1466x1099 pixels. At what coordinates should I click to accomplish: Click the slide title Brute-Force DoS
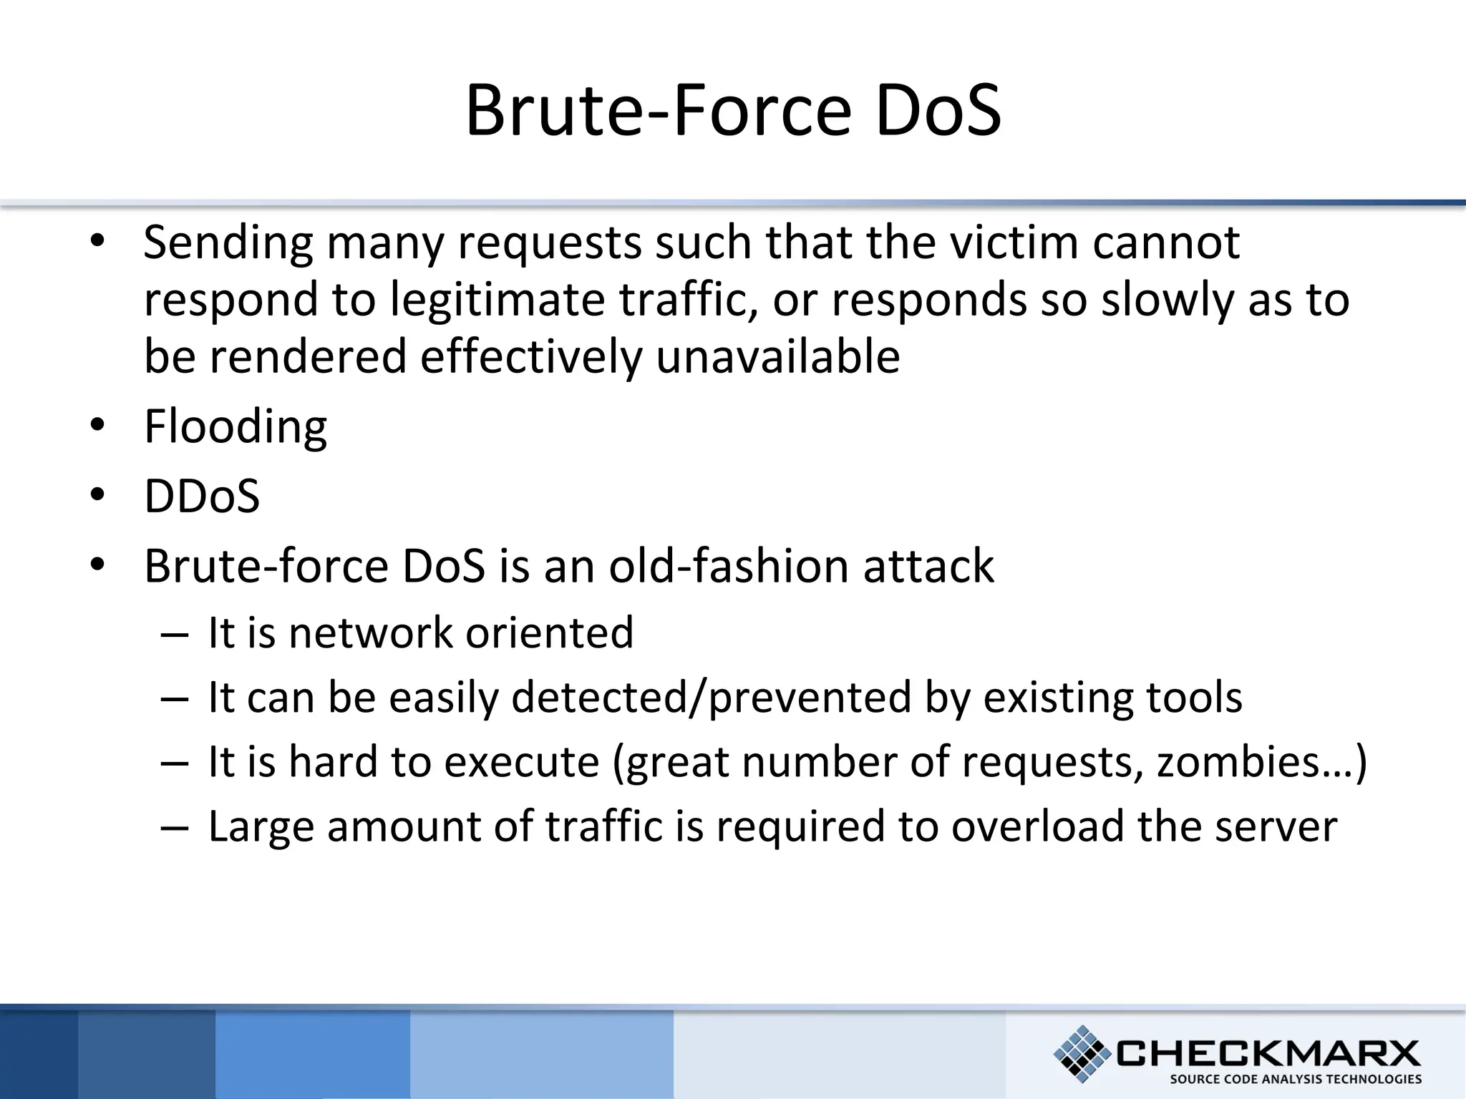tap(733, 111)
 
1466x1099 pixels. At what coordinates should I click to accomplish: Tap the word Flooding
tap(236, 426)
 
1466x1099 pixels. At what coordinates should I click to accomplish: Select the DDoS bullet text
tap(202, 496)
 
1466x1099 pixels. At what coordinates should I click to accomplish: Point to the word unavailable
tap(778, 356)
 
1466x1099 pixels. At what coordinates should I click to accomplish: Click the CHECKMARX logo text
tap(1267, 1053)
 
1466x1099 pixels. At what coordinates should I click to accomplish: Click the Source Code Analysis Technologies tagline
tap(1296, 1079)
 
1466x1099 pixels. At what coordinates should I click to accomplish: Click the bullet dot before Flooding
tap(98, 425)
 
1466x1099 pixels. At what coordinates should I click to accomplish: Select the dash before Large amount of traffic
tap(175, 827)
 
